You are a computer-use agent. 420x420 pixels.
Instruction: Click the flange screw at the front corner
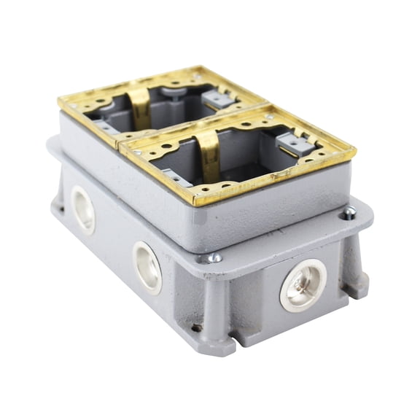point(214,257)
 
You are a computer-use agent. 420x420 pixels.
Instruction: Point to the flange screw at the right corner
point(349,214)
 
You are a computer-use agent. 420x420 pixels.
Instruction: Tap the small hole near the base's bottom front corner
point(196,327)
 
